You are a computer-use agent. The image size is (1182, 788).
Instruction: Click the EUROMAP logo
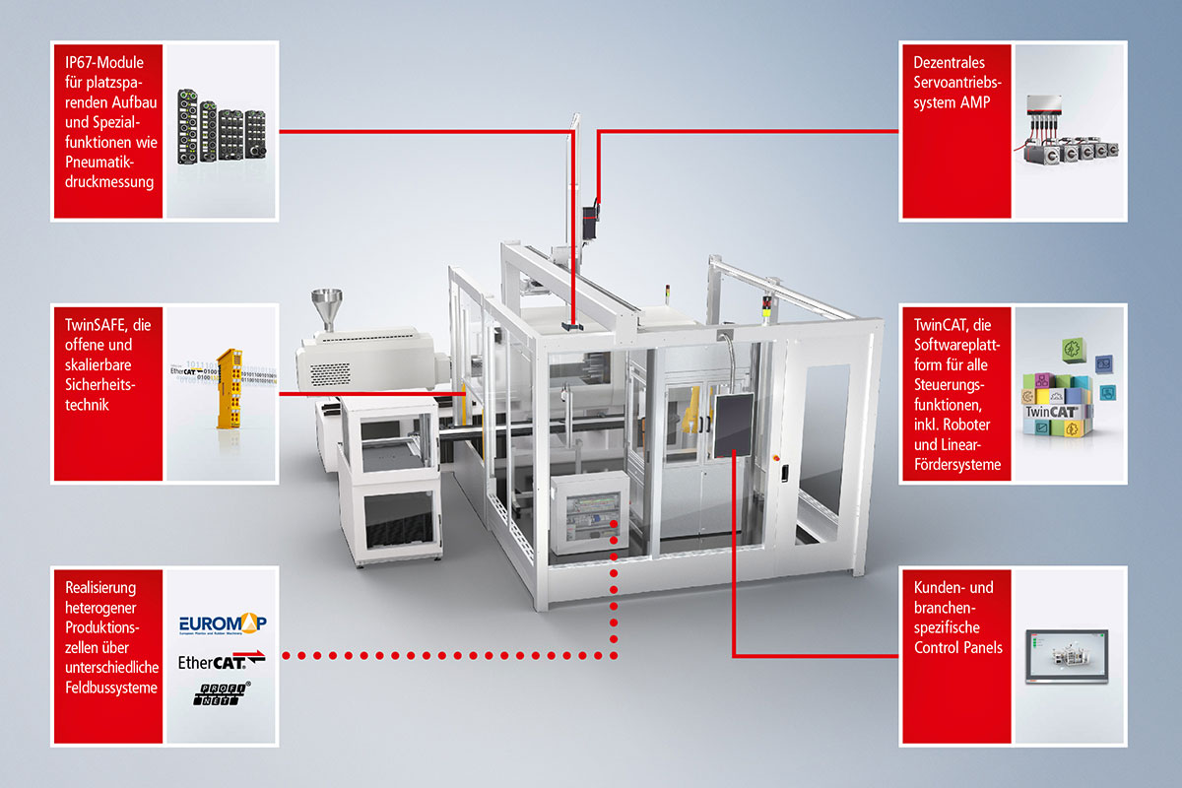click(224, 624)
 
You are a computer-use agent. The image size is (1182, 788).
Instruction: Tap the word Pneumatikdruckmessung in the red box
click(106, 171)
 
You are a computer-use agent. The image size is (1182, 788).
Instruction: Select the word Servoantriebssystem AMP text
click(952, 93)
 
